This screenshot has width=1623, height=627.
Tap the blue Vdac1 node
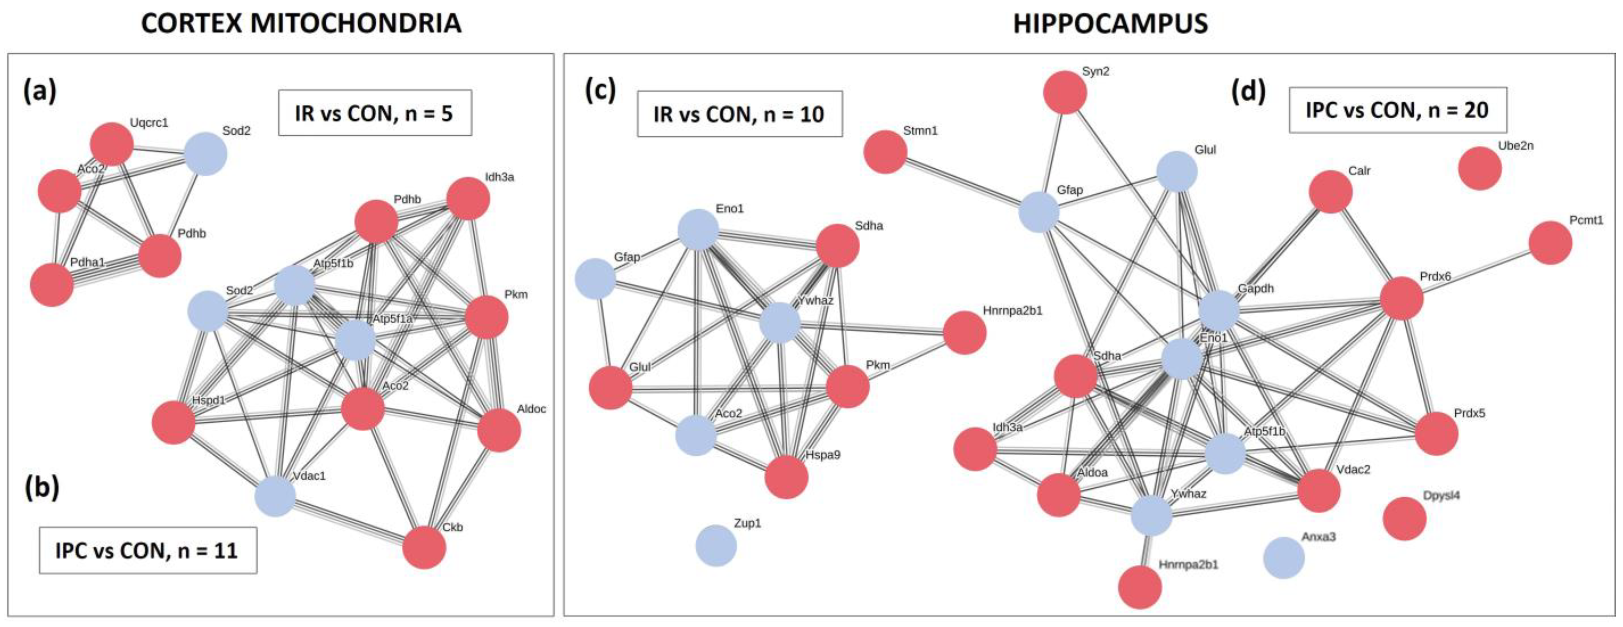[275, 496]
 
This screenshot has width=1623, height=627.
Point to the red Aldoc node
[499, 430]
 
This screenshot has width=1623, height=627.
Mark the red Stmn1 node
[885, 152]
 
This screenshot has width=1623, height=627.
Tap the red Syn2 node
[1065, 92]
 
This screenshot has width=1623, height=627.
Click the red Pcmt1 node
[1550, 243]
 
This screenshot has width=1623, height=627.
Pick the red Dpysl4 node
[1404, 518]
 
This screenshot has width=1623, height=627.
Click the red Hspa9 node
[786, 477]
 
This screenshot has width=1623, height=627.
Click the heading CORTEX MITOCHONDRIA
[301, 24]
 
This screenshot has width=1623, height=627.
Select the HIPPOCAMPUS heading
[1110, 24]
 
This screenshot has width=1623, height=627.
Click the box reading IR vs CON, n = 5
[375, 113]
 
